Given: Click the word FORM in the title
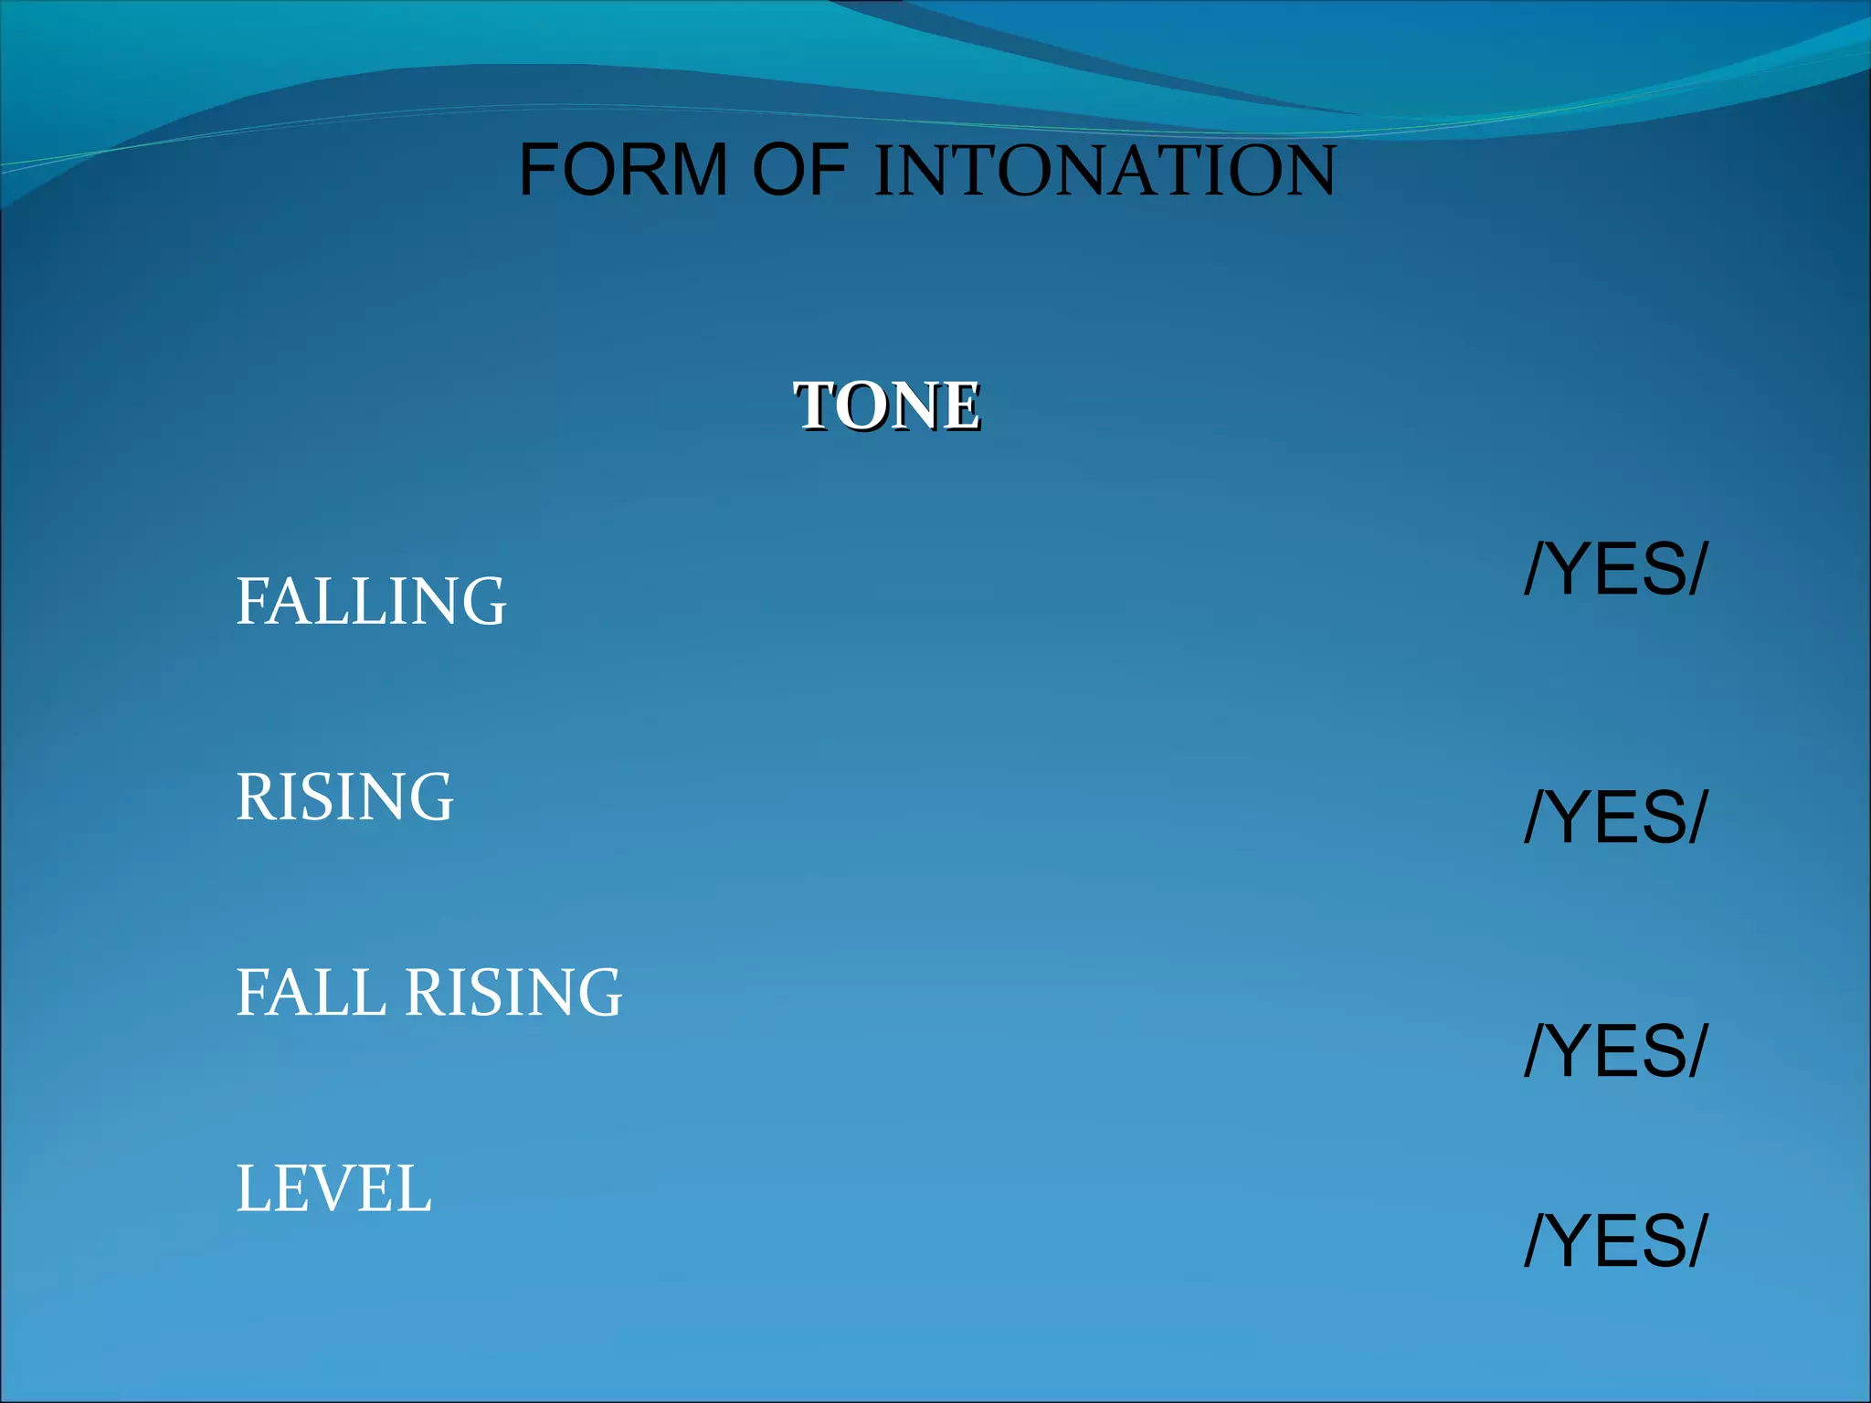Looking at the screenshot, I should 623,170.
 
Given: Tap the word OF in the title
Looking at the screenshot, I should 800,170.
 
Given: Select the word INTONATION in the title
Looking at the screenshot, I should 1105,170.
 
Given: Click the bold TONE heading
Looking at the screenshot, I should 886,406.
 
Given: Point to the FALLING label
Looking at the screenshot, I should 370,601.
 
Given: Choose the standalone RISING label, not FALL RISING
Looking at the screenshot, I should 344,796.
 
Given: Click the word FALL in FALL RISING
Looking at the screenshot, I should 311,992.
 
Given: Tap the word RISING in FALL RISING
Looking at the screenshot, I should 513,992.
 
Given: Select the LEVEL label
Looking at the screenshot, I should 333,1188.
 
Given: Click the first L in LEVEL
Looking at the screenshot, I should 252,1188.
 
